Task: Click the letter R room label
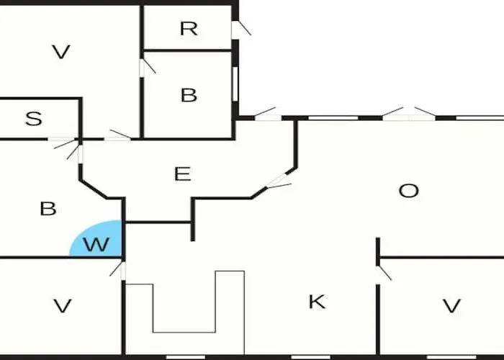coord(189,29)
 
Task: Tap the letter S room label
coord(33,119)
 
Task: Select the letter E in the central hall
coord(182,174)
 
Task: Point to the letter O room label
coord(408,191)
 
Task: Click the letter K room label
coord(317,302)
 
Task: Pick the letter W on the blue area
coord(96,244)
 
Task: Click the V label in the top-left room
coord(61,52)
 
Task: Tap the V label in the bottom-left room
coord(62,306)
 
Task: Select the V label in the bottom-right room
coord(451,306)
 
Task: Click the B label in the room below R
coord(189,95)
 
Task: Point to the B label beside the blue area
coord(48,209)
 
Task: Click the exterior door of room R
coord(241,30)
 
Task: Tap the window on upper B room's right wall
coord(235,84)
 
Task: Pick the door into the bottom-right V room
coord(384,274)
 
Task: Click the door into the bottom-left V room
coord(118,271)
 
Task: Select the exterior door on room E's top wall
coord(267,114)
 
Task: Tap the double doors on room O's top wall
coord(409,114)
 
